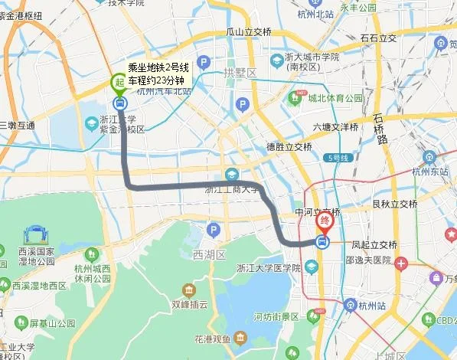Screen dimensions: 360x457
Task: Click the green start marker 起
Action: tap(119, 80)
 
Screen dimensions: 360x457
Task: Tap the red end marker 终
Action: tap(325, 222)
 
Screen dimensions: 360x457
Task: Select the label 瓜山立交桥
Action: tap(249, 31)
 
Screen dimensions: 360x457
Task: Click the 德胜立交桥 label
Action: tap(289, 146)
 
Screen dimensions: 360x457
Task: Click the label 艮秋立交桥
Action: tap(394, 204)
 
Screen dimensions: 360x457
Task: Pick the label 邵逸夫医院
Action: tap(367, 260)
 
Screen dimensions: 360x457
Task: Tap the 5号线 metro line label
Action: tap(337, 158)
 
